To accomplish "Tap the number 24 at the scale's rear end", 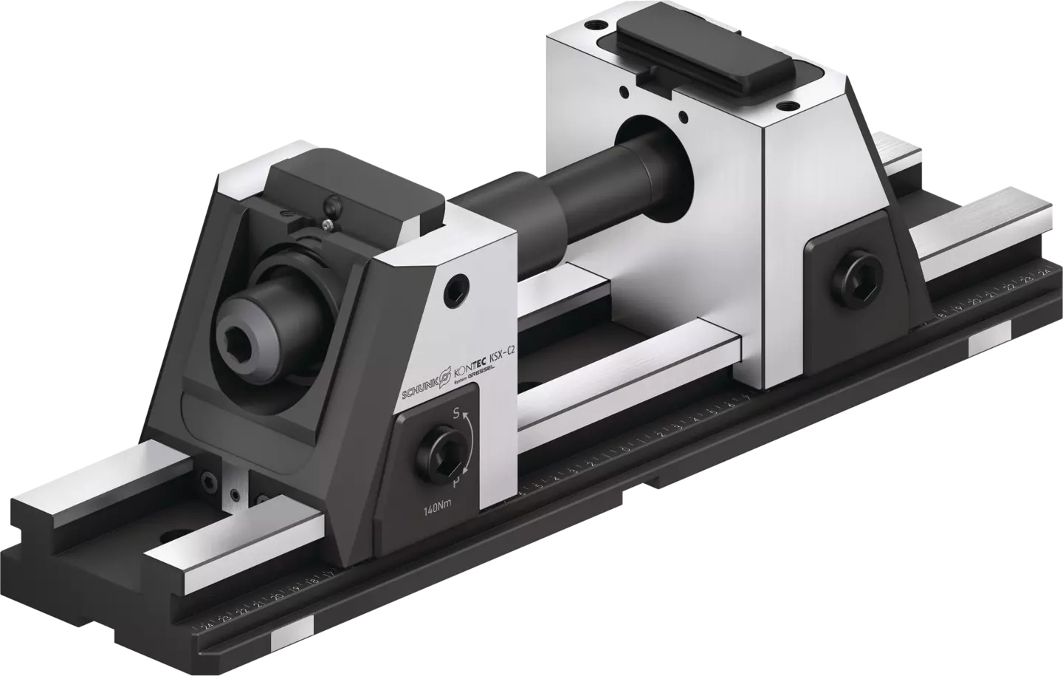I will pos(1044,272).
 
